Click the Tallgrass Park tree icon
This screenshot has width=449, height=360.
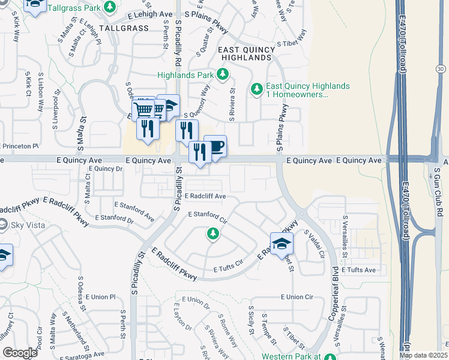[x=110, y=7]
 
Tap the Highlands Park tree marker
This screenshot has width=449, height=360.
[x=223, y=75]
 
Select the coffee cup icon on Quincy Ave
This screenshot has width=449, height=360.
[x=215, y=146]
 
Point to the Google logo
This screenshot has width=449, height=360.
[x=20, y=352]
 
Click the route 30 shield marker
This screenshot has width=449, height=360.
[x=441, y=70]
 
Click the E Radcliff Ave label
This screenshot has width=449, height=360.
[x=205, y=196]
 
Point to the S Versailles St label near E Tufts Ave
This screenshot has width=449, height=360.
[x=345, y=235]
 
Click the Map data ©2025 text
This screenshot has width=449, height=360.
[x=422, y=355]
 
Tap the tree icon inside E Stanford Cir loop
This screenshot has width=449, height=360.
[x=212, y=233]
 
